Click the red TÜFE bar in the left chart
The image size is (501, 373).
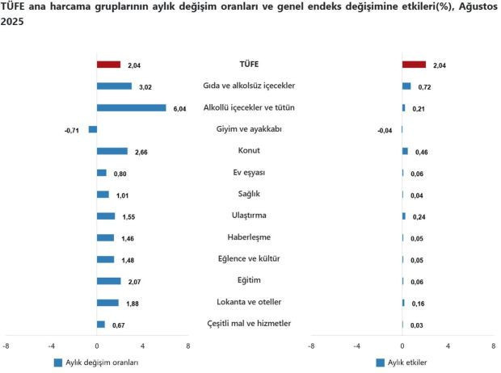coord(108,65)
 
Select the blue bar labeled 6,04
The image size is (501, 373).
coord(131,107)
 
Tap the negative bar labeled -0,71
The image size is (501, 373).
coord(92,129)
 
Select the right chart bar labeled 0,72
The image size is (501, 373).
coord(406,86)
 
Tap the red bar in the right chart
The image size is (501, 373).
coord(414,65)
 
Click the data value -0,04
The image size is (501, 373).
coord(385,130)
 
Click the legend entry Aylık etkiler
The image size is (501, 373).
coord(408,363)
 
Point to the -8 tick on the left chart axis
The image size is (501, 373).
coord(6,346)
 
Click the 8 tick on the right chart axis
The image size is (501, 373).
coord(493,346)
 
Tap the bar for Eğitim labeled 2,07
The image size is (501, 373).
coord(108,281)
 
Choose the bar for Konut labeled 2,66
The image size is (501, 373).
coord(112,151)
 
